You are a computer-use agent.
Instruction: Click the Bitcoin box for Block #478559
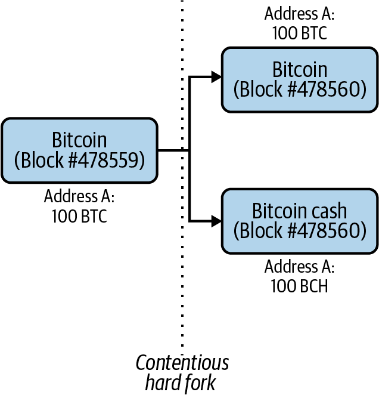coord(79,150)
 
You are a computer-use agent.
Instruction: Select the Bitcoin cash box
coord(300,221)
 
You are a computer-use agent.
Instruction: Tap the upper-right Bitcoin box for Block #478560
coord(300,80)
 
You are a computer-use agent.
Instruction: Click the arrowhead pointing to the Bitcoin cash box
coord(217,221)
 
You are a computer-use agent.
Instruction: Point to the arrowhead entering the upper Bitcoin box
coord(217,76)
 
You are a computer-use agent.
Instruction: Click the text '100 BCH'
coord(300,285)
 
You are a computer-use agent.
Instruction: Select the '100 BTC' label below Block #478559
coord(79,216)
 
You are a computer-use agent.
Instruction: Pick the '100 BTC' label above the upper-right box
coord(300,33)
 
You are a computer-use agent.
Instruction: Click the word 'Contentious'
coord(182,363)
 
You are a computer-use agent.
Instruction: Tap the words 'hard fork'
coord(182,382)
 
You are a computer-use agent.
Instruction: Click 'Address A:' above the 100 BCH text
coord(300,266)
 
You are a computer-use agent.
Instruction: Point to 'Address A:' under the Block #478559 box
coord(79,196)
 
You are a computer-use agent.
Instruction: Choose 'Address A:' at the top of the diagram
coord(300,14)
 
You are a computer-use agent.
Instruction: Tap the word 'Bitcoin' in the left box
coord(79,140)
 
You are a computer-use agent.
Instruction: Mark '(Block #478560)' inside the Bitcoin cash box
coord(300,230)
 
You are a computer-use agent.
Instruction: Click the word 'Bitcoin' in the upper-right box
coord(300,69)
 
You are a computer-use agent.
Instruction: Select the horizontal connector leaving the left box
coord(173,150)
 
